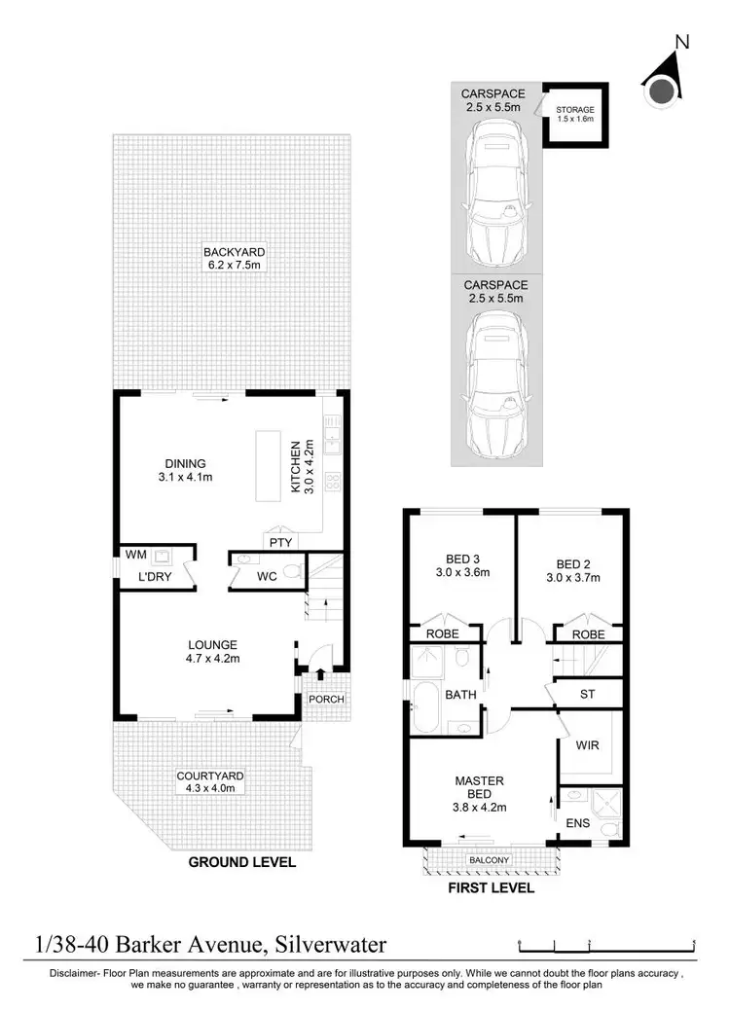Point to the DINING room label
(184, 470)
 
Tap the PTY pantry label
(277, 541)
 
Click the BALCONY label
(489, 861)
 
